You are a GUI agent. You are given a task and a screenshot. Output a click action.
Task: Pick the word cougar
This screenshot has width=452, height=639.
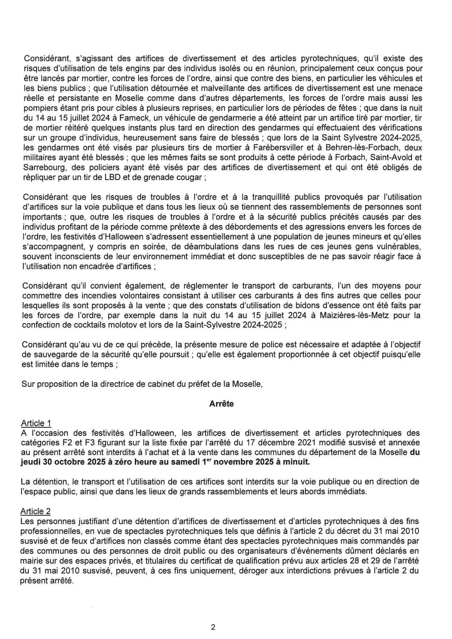(188, 177)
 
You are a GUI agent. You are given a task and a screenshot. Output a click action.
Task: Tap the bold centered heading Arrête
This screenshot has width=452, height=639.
(222, 404)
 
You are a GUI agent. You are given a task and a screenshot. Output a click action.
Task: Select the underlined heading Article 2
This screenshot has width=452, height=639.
(36, 511)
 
